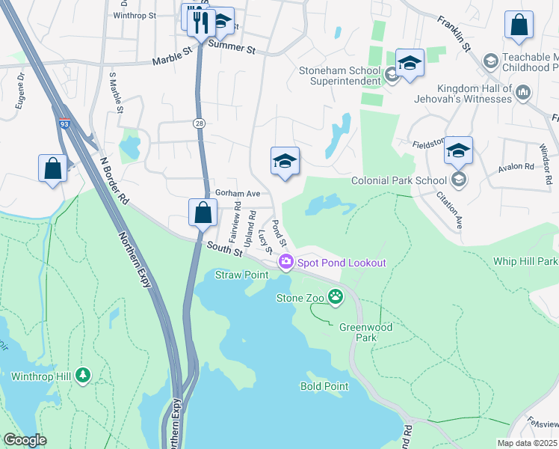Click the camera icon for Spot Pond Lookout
[285, 262]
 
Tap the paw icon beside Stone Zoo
[336, 297]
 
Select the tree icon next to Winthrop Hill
[83, 375]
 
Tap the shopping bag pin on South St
[203, 212]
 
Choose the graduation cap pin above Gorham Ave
[284, 161]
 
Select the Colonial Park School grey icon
[457, 180]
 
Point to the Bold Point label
[324, 386]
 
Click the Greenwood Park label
[365, 332]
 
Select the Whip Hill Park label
[525, 262]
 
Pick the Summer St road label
[232, 48]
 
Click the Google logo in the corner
[25, 439]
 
